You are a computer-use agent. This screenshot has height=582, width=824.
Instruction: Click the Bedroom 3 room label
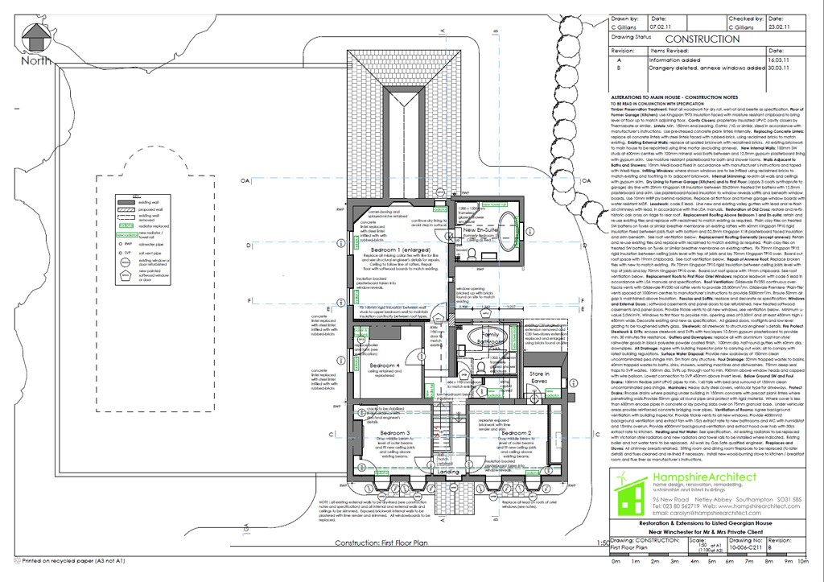395,433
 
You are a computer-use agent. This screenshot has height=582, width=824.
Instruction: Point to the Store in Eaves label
538,377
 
